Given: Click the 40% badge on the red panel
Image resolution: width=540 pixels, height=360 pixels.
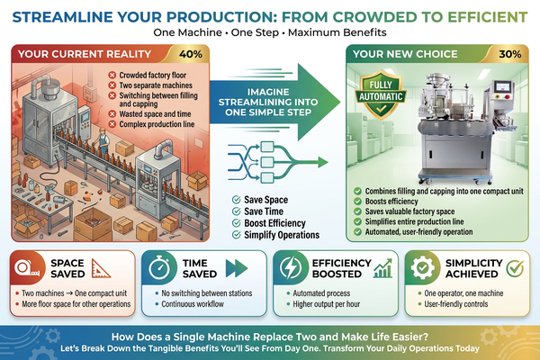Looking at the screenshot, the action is (x=191, y=54).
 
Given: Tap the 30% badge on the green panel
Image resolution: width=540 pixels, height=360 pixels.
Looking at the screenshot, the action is (x=509, y=54).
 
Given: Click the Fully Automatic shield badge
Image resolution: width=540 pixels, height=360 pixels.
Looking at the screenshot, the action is (x=381, y=94).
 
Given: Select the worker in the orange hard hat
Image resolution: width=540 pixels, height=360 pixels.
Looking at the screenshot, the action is (x=103, y=140).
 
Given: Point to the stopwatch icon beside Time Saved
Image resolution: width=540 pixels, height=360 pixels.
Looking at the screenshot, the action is (x=159, y=268).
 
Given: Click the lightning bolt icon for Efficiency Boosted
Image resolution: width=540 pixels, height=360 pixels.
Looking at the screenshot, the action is (x=290, y=267).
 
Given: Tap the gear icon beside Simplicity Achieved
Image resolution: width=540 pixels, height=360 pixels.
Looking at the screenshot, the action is (x=423, y=268).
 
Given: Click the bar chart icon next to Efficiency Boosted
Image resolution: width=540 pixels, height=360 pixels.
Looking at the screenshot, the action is (x=382, y=269).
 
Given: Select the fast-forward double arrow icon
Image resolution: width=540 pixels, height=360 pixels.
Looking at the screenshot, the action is (x=237, y=268).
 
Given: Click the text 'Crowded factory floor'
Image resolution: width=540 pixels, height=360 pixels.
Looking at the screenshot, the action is (x=153, y=75).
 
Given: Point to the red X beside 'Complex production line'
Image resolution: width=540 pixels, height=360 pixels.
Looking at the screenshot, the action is (x=112, y=124).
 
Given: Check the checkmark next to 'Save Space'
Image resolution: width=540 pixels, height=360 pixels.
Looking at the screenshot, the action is (x=236, y=200).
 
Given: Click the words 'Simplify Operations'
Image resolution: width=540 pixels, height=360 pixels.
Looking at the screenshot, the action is (x=282, y=235).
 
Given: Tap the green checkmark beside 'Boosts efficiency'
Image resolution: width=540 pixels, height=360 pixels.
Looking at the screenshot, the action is (x=358, y=202).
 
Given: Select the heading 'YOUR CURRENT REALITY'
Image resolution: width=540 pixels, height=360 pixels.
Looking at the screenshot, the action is (x=85, y=54).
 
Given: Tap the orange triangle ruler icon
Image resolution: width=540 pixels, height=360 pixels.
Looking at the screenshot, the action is (x=101, y=269).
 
